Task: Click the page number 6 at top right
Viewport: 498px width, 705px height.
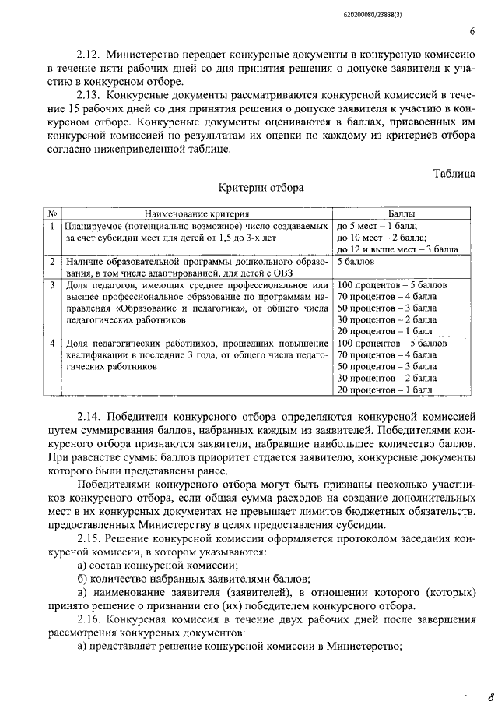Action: (x=472, y=32)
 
